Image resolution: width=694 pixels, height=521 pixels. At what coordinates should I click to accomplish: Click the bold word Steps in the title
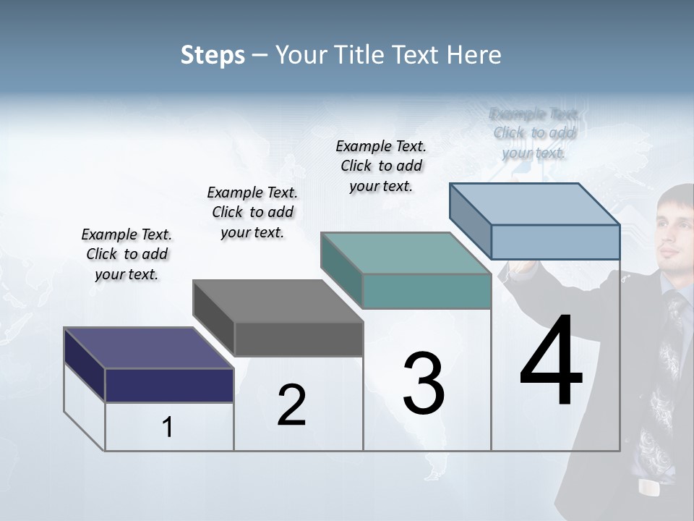pyautogui.click(x=213, y=55)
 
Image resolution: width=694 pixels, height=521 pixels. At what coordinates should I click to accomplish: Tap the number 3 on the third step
pyautogui.click(x=423, y=383)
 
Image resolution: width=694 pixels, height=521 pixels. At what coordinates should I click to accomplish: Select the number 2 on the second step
pyautogui.click(x=291, y=405)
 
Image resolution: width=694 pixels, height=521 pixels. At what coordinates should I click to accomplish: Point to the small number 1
pyautogui.click(x=168, y=428)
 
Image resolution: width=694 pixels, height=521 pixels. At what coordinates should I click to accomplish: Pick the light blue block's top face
pyautogui.click(x=535, y=204)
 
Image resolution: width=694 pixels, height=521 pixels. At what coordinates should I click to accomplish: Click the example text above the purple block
pyautogui.click(x=127, y=254)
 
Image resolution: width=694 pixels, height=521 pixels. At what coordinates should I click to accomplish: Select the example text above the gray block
pyautogui.click(x=252, y=212)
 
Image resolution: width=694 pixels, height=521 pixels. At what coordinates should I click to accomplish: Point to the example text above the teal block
pyautogui.click(x=381, y=166)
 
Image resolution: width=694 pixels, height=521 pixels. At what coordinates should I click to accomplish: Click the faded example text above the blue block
pyautogui.click(x=534, y=133)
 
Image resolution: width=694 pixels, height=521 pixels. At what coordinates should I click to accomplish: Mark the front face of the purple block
pyautogui.click(x=169, y=385)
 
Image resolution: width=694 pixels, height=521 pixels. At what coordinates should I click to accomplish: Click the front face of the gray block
pyautogui.click(x=298, y=339)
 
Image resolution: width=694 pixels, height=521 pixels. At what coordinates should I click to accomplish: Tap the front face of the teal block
pyautogui.click(x=427, y=291)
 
